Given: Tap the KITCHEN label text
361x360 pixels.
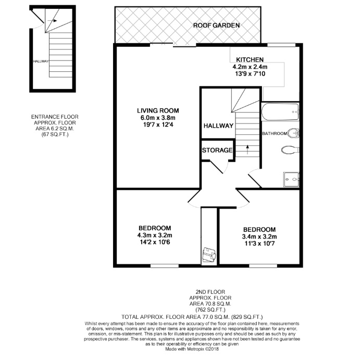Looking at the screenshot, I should [250, 60].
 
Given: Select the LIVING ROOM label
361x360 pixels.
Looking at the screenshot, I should [158, 110].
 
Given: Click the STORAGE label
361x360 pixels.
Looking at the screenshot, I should [217, 151].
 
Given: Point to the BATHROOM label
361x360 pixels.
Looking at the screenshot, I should [274, 134].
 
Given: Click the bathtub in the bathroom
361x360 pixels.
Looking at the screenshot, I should [281, 111].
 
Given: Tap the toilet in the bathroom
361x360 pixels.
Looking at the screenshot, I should [290, 150].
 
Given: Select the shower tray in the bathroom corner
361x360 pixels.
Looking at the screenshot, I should [292, 180].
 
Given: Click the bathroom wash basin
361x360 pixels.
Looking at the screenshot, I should [295, 133].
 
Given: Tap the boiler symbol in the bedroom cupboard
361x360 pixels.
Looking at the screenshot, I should [209, 255].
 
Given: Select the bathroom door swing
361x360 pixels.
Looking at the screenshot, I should [255, 179].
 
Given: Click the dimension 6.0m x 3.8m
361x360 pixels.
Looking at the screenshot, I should [158, 118].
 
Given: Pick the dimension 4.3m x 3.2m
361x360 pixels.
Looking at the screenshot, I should [155, 235].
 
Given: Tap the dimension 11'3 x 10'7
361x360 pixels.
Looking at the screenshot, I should [259, 244].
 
